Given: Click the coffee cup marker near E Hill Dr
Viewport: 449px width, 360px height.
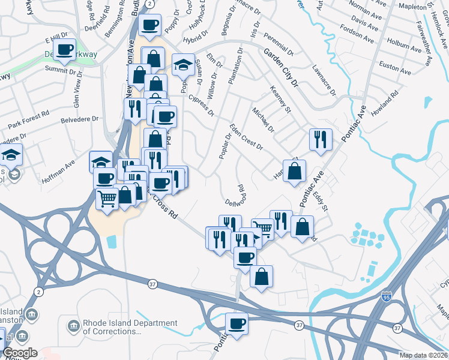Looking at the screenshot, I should [x=65, y=49].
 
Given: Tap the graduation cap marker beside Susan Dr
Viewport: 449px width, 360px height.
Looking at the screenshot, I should [x=184, y=64].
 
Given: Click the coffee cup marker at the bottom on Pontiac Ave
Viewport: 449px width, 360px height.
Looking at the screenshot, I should [x=237, y=324].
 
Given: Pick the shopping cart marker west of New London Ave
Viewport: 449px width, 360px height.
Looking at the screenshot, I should [x=107, y=199].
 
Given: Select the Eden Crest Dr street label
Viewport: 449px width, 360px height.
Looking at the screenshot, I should [x=247, y=139].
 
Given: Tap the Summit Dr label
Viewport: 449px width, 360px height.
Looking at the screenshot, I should [x=64, y=71].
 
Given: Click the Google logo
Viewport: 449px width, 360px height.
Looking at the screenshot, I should [x=20, y=353].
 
